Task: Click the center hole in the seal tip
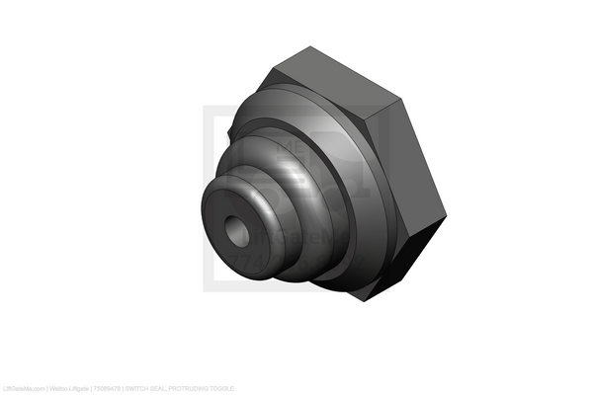[x=237, y=232]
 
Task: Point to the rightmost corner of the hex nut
[x=446, y=214]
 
